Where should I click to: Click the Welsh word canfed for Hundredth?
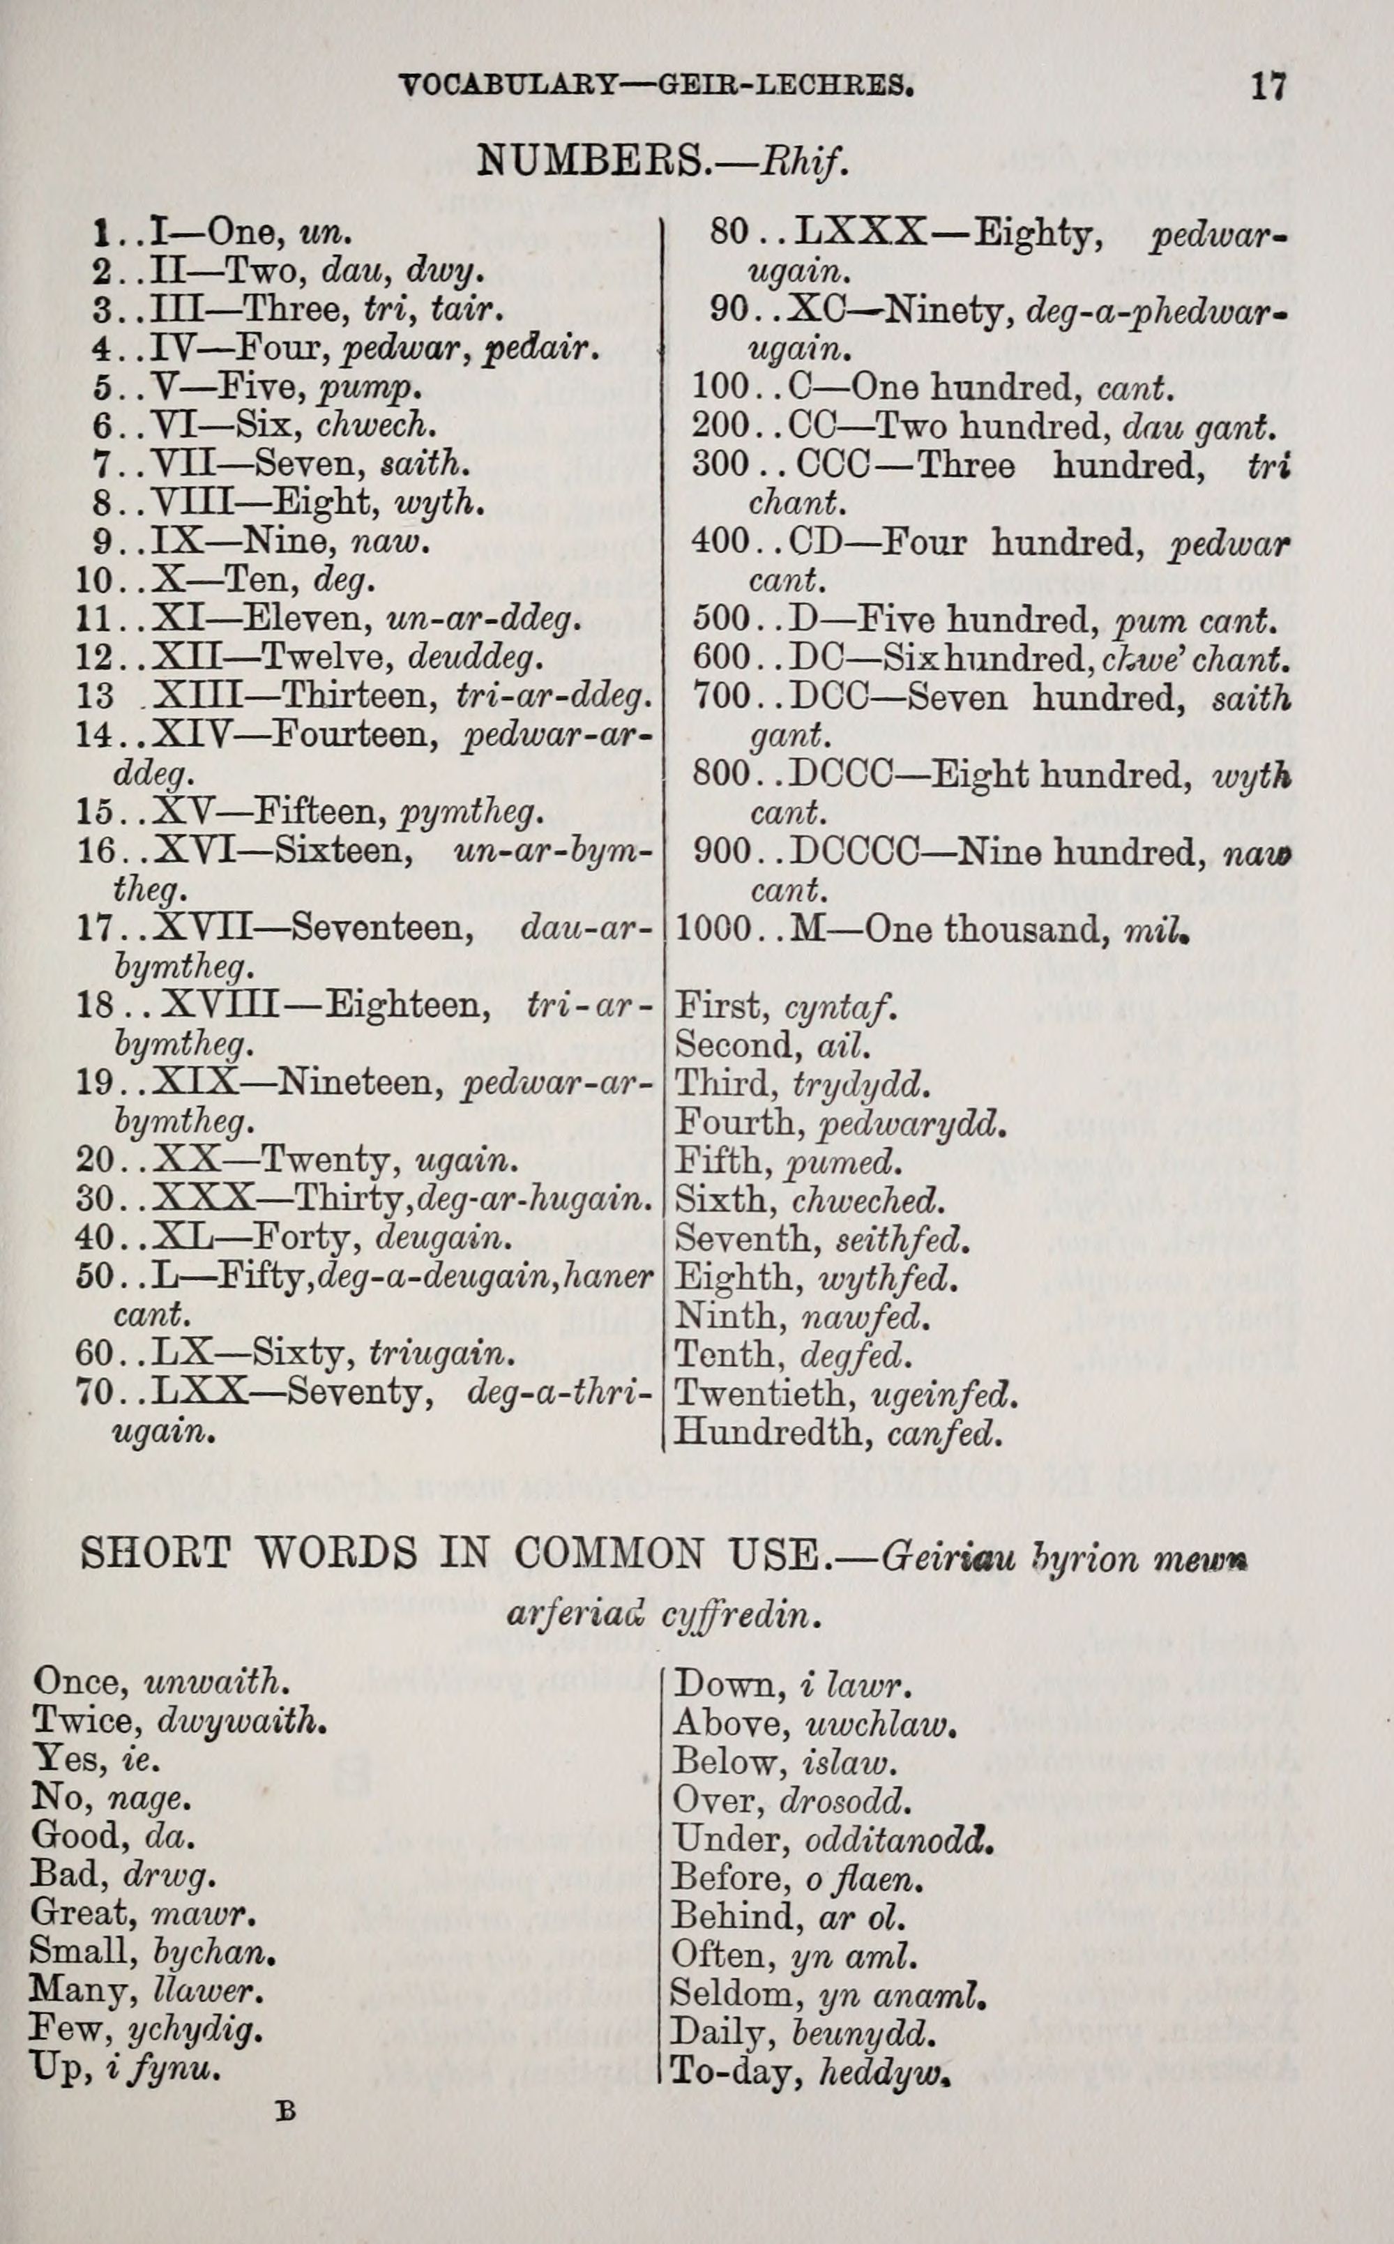click(x=942, y=1433)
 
